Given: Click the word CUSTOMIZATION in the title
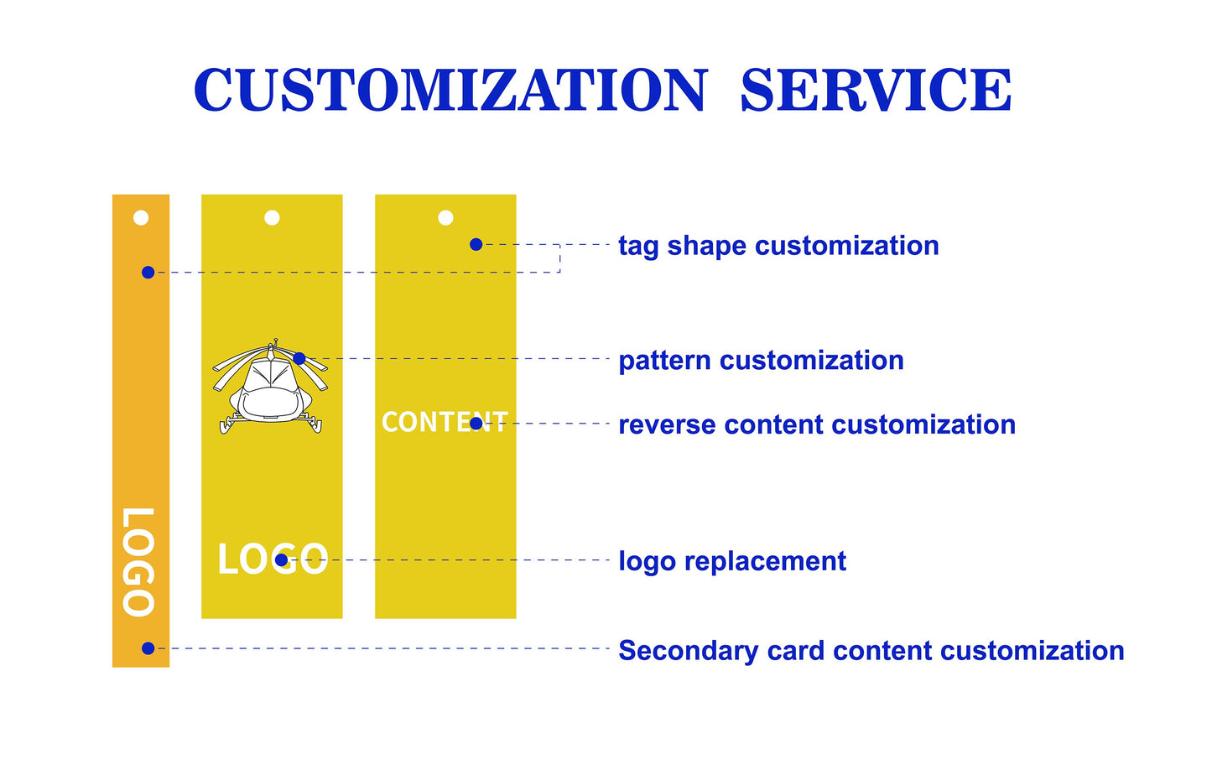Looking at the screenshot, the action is (x=450, y=90).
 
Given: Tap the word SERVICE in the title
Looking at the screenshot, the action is (x=876, y=90).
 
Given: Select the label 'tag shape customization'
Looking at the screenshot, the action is (x=778, y=247).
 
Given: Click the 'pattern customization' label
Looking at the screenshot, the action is (x=762, y=361).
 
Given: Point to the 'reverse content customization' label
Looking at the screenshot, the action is (x=817, y=424).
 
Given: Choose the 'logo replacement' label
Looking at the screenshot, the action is (x=732, y=561).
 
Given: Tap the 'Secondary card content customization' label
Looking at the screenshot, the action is (x=871, y=651).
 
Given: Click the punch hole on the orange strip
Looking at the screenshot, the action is (x=141, y=217).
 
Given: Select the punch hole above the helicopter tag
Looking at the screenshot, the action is (x=272, y=217).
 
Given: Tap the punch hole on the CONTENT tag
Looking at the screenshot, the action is (x=445, y=217).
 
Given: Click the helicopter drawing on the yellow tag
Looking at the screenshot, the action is (x=270, y=387).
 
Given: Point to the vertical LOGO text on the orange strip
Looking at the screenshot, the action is (x=139, y=562).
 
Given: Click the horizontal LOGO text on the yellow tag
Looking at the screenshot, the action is (x=273, y=559).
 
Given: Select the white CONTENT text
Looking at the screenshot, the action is (x=445, y=422).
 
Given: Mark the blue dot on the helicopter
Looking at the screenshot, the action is (x=299, y=358).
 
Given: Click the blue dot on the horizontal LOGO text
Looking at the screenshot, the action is (x=281, y=560).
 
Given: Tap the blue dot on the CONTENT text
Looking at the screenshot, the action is (x=476, y=423).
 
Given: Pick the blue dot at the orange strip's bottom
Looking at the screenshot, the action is (x=148, y=648).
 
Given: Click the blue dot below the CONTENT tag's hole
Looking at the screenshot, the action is (x=476, y=245).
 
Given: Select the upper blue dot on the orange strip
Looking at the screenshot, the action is (x=148, y=272).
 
